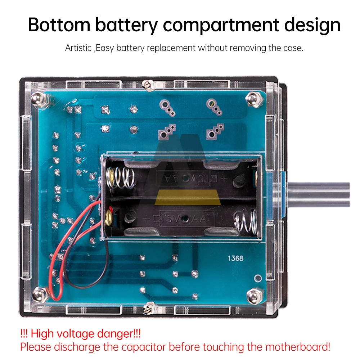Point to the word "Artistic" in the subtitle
point(78,48)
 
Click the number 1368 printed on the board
point(235,258)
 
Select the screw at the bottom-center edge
point(147,309)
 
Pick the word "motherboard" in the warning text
point(297,347)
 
